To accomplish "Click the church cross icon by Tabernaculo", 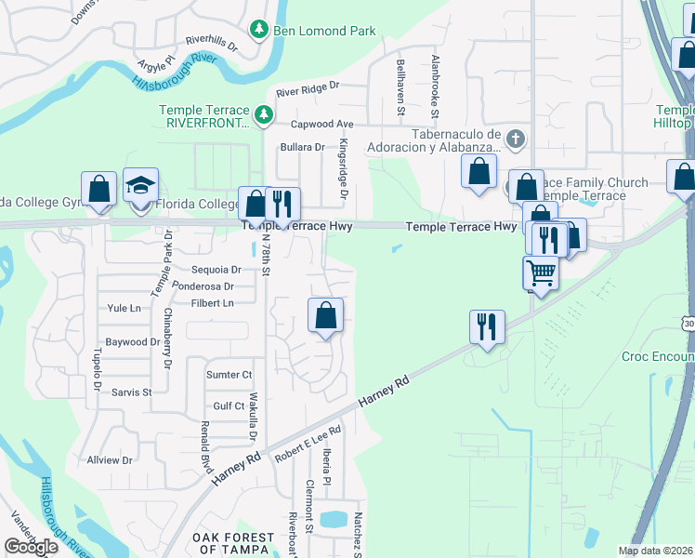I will coord(516,139).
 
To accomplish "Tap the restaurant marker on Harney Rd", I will coord(487,327).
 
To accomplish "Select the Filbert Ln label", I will coord(213,303).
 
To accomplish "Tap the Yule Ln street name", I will coord(124,308).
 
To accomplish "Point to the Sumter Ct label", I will coord(229,375).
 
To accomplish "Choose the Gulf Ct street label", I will coord(229,406).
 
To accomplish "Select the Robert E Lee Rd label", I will coord(309,444).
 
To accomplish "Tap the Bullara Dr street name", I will coord(303,147).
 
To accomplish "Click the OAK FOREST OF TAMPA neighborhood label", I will coord(233,544).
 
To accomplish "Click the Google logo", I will coord(31,547).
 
